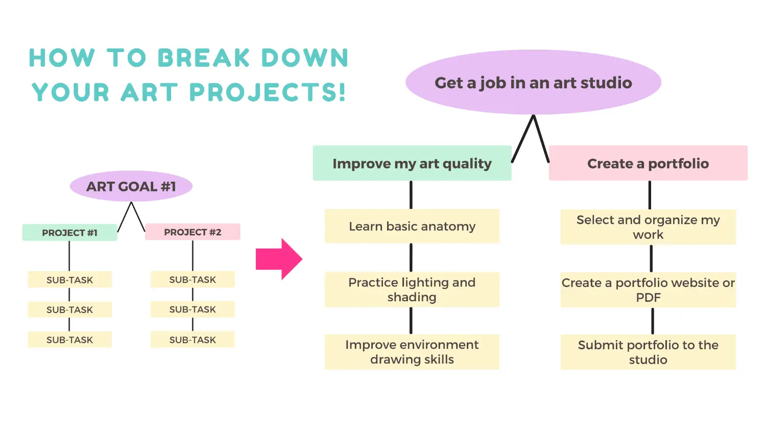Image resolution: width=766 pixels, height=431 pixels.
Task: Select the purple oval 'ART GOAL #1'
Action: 131,186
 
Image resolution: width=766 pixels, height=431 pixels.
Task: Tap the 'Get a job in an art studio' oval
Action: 533,82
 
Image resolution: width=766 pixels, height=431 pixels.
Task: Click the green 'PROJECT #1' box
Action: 70,232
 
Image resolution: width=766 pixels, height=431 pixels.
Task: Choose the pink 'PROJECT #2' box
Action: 193,232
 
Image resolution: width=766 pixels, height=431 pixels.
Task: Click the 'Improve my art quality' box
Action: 412,163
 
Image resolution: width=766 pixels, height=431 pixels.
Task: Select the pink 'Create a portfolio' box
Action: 648,163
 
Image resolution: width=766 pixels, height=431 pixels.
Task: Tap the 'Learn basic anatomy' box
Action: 412,226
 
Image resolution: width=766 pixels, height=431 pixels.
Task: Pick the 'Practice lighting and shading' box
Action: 412,290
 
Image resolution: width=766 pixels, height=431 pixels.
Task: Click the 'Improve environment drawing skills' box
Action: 412,352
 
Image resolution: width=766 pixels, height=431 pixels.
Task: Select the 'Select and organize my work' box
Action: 648,227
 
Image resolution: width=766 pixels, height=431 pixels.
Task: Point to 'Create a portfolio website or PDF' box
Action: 648,290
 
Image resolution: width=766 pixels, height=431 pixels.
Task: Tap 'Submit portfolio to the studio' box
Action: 648,352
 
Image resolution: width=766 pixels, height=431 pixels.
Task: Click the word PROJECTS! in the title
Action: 268,92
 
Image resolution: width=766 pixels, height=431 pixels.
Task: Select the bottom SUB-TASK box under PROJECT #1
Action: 70,340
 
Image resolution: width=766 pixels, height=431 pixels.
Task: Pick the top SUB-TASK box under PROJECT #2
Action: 193,279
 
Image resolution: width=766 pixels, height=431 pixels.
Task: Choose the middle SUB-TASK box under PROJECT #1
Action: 70,309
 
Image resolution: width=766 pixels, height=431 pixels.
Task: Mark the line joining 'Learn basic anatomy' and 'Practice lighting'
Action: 411,257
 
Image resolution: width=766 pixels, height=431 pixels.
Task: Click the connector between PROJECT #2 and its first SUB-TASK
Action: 193,255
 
